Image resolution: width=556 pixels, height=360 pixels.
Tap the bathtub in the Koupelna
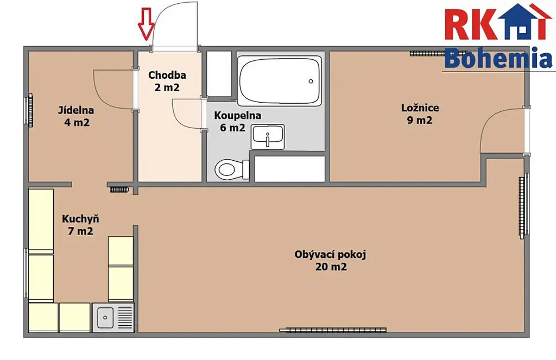coord(280,81)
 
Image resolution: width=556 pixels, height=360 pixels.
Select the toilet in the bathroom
coord(232,169)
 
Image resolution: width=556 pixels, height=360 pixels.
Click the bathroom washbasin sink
coord(268,137)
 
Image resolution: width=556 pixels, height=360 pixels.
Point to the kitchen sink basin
coord(105,317)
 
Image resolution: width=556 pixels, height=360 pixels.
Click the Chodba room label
coord(167,75)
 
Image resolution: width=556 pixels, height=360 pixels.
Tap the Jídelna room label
coord(76,110)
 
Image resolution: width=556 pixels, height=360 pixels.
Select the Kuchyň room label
coord(80,219)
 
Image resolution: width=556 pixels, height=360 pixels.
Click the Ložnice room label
coord(420,108)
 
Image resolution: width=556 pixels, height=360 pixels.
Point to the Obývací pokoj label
coord(330,255)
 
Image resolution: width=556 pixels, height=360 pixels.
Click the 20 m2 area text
coord(331,267)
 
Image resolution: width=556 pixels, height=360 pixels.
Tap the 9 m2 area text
coord(420,120)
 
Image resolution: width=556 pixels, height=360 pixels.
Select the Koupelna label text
coord(238,116)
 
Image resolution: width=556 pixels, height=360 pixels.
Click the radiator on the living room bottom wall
coord(333,330)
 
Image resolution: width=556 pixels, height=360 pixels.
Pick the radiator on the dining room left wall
coord(30,110)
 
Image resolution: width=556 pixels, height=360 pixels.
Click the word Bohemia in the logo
coord(498,59)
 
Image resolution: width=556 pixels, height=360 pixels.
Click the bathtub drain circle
coord(311,81)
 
